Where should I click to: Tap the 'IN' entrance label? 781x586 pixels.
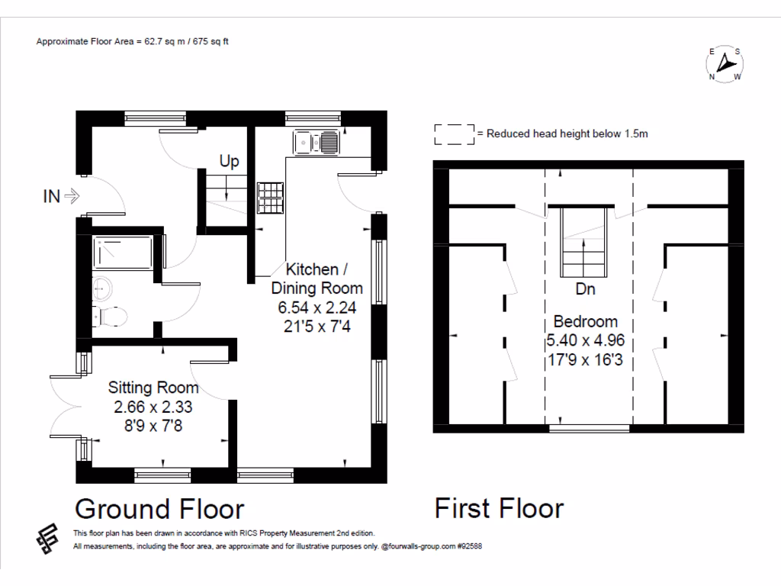(51, 197)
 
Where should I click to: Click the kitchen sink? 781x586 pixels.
(317, 141)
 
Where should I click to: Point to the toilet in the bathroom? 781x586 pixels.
(109, 317)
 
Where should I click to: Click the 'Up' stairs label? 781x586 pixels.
(229, 161)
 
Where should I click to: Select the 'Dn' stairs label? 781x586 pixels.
(586, 290)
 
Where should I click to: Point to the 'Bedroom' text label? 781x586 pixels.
(586, 321)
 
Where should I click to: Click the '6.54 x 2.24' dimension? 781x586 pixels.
(318, 309)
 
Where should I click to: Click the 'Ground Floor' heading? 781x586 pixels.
(159, 508)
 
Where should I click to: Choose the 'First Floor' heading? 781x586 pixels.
(499, 508)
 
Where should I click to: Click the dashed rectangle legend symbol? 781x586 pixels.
(454, 134)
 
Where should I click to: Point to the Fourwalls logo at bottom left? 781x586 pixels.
(47, 539)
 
